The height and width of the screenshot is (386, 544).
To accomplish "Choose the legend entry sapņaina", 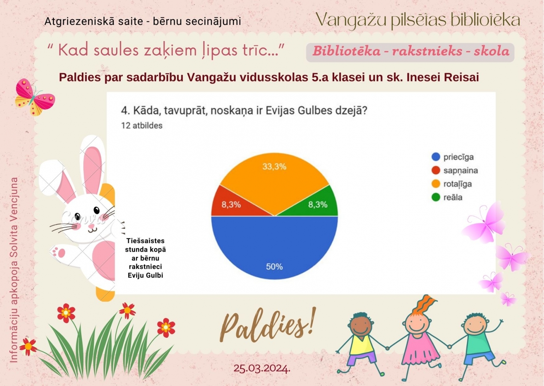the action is [x=455, y=170].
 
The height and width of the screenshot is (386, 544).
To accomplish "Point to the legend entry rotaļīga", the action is [x=451, y=184].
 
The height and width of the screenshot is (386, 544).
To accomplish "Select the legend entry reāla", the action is [x=447, y=197].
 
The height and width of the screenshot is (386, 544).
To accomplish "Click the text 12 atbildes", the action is [x=142, y=125].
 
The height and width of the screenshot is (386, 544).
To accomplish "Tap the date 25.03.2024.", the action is [x=262, y=368].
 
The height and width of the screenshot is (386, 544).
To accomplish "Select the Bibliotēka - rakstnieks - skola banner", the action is [x=410, y=52].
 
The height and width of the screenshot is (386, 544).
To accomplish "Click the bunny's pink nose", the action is [x=91, y=226].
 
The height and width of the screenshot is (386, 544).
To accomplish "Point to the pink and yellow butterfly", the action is [x=35, y=97].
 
